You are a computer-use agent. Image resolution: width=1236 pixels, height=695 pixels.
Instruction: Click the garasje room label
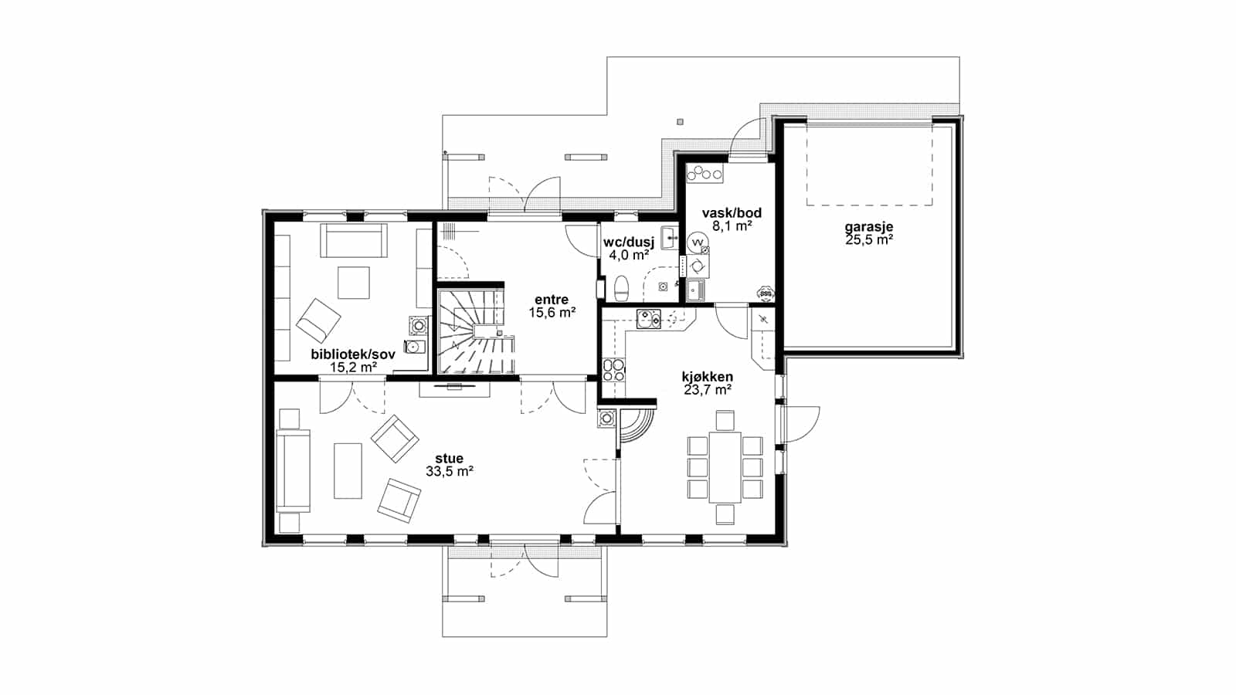(868, 227)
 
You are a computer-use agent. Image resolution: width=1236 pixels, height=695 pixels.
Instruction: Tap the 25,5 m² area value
(869, 239)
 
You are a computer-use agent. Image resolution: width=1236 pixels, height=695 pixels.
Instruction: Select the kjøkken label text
(708, 378)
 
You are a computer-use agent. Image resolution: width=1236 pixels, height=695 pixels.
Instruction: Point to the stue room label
(449, 459)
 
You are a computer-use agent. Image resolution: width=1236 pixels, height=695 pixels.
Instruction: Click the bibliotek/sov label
(353, 354)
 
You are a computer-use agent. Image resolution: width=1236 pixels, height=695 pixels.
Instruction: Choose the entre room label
(552, 300)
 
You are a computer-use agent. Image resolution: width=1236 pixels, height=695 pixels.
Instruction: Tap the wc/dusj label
(629, 242)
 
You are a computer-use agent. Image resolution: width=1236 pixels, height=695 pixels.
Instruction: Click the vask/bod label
(732, 213)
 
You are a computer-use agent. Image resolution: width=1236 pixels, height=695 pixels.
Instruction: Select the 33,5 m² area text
(450, 471)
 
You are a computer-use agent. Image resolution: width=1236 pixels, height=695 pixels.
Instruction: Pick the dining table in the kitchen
(725, 466)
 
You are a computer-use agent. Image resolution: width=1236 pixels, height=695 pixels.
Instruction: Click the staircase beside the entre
(476, 333)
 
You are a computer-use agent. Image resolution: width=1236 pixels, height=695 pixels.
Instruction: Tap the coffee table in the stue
(348, 470)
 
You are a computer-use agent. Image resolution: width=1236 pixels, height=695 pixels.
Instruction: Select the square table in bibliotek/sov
(354, 283)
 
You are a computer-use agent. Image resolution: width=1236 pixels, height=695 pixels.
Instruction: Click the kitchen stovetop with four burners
(613, 370)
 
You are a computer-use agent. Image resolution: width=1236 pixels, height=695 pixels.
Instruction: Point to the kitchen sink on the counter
(648, 319)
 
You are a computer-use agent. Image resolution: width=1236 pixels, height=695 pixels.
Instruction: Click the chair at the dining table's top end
(725, 420)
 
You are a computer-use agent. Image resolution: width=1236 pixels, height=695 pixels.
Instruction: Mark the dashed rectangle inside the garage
(870, 165)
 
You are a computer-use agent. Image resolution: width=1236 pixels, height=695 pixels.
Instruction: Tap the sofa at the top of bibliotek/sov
(354, 240)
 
